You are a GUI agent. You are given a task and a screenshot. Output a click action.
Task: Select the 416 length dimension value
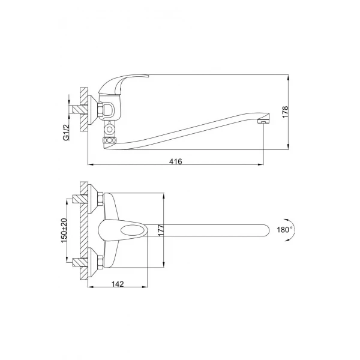point(175,161)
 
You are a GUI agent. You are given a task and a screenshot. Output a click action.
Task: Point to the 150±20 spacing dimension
point(67,230)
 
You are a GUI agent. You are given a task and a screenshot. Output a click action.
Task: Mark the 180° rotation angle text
point(284,229)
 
